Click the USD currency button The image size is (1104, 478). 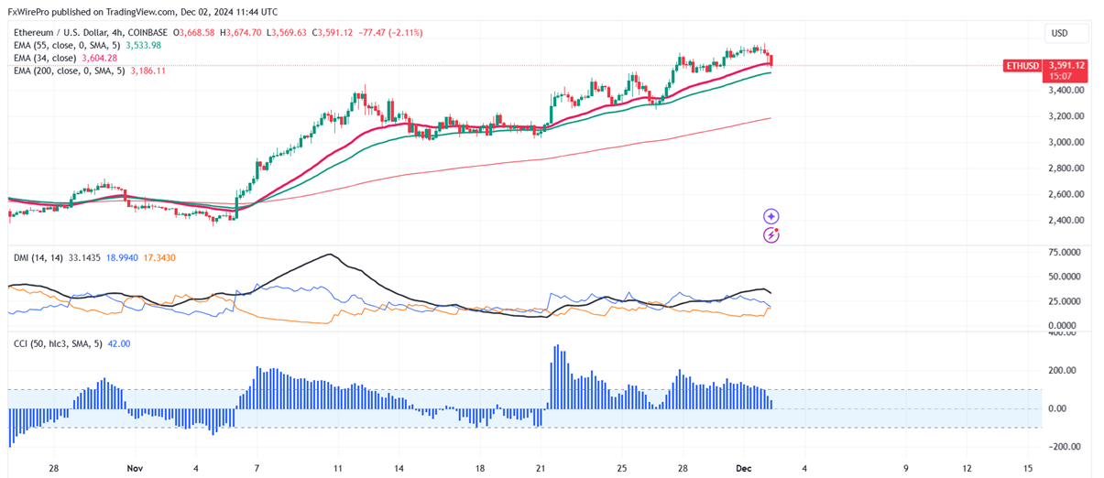tap(1066, 33)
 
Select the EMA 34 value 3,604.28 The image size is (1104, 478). tap(98, 58)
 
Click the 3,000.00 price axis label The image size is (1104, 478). tap(1066, 142)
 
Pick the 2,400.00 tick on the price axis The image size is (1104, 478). tap(1066, 221)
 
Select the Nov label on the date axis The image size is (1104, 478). tap(136, 468)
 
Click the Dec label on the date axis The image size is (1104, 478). tap(744, 468)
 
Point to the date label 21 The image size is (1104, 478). tap(540, 468)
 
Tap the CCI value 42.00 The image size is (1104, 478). tap(120, 343)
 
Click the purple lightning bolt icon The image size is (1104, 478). tap(771, 235)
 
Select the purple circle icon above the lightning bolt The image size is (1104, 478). tap(771, 216)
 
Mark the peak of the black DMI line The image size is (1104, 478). tap(329, 254)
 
